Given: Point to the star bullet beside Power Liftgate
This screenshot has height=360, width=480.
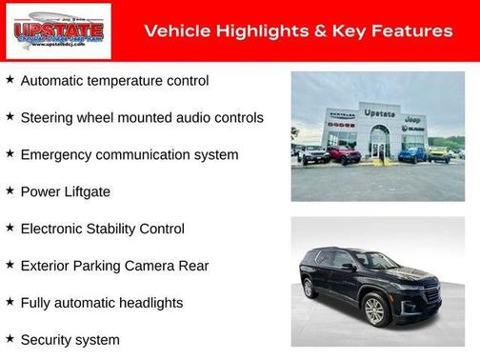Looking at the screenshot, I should [x=10, y=190].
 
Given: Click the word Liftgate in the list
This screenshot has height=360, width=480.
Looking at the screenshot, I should [x=86, y=191].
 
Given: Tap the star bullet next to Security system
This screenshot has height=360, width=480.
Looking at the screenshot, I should [x=10, y=338].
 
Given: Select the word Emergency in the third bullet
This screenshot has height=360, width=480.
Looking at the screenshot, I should [x=54, y=154].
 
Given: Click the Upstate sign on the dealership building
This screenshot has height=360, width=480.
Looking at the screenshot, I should [x=379, y=112].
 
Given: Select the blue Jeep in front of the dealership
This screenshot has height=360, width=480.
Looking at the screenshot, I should [x=411, y=153].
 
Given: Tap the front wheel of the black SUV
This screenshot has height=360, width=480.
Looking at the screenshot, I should [x=374, y=310].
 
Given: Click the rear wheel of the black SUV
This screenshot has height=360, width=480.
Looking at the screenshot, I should [x=310, y=287].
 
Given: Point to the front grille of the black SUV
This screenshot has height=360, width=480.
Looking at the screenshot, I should [x=429, y=294].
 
